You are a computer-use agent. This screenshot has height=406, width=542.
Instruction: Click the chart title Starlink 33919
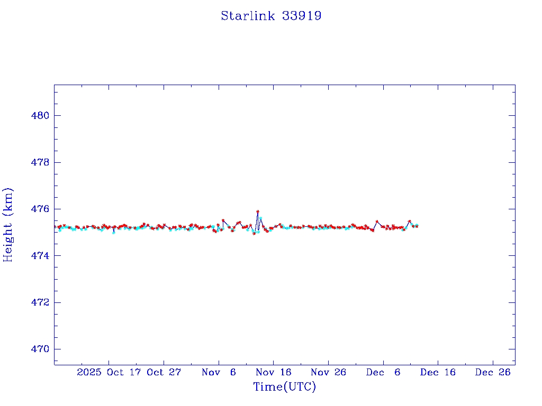(271, 16)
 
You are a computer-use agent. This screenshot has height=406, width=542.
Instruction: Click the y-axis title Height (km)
(8, 225)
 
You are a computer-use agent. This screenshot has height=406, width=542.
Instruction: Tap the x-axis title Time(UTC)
(284, 387)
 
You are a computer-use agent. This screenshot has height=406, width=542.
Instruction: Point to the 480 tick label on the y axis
(40, 116)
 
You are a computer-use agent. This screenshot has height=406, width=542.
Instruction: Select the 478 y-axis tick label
(40, 162)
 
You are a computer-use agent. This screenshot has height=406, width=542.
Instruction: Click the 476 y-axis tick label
(40, 209)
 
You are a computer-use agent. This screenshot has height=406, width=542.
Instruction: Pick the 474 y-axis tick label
(40, 256)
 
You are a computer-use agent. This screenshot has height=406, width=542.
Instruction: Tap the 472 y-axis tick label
(40, 302)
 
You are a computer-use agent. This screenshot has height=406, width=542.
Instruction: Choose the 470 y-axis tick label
(40, 349)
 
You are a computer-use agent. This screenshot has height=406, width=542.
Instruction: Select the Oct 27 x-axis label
(164, 372)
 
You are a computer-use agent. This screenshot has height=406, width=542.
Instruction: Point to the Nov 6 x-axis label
(219, 372)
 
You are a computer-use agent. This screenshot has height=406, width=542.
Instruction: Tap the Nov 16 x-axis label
(273, 372)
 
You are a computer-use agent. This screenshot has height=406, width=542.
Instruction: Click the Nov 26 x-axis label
(328, 372)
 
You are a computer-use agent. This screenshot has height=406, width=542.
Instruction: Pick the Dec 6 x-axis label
(383, 372)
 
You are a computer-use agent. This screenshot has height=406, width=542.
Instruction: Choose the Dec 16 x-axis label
(438, 372)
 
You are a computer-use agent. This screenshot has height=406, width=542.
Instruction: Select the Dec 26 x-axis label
(493, 372)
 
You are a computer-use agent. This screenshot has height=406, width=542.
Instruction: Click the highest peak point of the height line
(258, 211)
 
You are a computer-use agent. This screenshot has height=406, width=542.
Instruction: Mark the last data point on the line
(417, 226)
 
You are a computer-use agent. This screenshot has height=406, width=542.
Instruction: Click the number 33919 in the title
(302, 16)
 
